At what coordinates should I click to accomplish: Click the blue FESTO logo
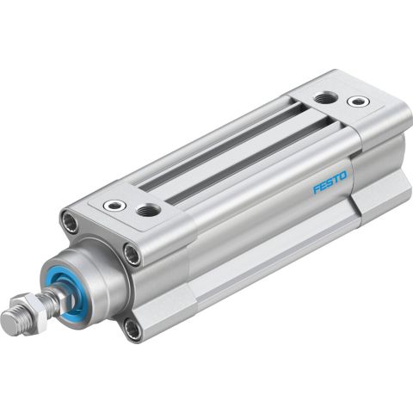(329, 180)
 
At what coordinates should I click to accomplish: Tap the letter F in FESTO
(316, 188)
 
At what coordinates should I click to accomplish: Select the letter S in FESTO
(329, 180)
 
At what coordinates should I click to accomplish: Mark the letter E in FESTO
(322, 184)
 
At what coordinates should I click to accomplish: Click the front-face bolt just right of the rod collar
(130, 254)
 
